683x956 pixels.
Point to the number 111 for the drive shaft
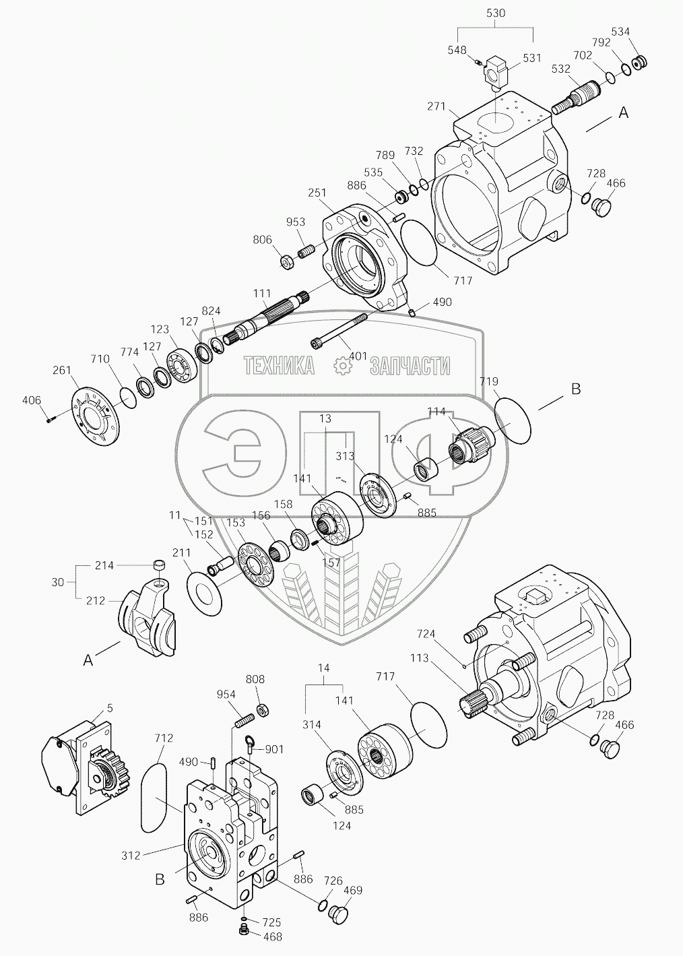(261, 294)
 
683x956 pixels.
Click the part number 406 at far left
(31, 400)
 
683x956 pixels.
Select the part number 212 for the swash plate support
(95, 600)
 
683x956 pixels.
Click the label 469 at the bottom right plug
(353, 891)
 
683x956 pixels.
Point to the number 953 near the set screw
(295, 222)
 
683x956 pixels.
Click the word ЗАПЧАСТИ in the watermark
(410, 366)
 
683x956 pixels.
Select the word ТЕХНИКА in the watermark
(279, 366)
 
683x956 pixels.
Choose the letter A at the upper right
(623, 113)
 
